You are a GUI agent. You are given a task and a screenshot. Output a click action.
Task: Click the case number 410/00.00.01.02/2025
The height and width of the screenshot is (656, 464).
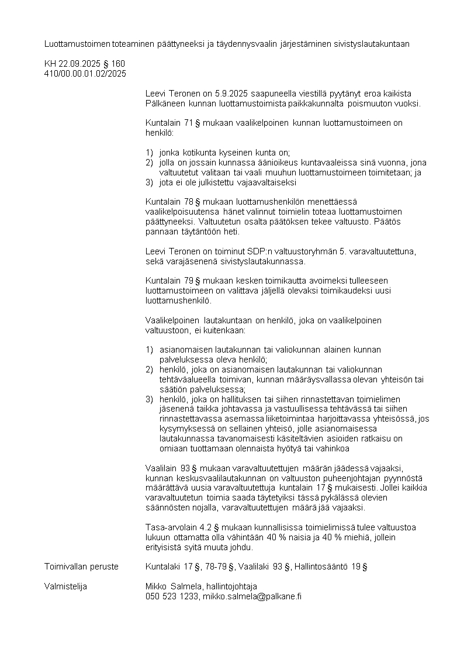pyautogui.click(x=85, y=73)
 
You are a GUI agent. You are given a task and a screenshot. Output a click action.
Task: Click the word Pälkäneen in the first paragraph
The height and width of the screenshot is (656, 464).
pyautogui.click(x=165, y=103)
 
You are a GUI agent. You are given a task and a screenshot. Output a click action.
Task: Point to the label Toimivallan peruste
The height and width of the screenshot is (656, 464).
pyautogui.click(x=81, y=567)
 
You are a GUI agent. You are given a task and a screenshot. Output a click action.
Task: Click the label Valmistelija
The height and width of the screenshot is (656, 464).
pyautogui.click(x=65, y=586)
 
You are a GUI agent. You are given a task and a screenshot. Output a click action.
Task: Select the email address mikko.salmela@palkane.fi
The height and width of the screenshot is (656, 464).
pyautogui.click(x=252, y=596)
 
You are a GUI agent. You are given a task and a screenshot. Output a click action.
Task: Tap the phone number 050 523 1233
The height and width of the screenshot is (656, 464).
pyautogui.click(x=172, y=596)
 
